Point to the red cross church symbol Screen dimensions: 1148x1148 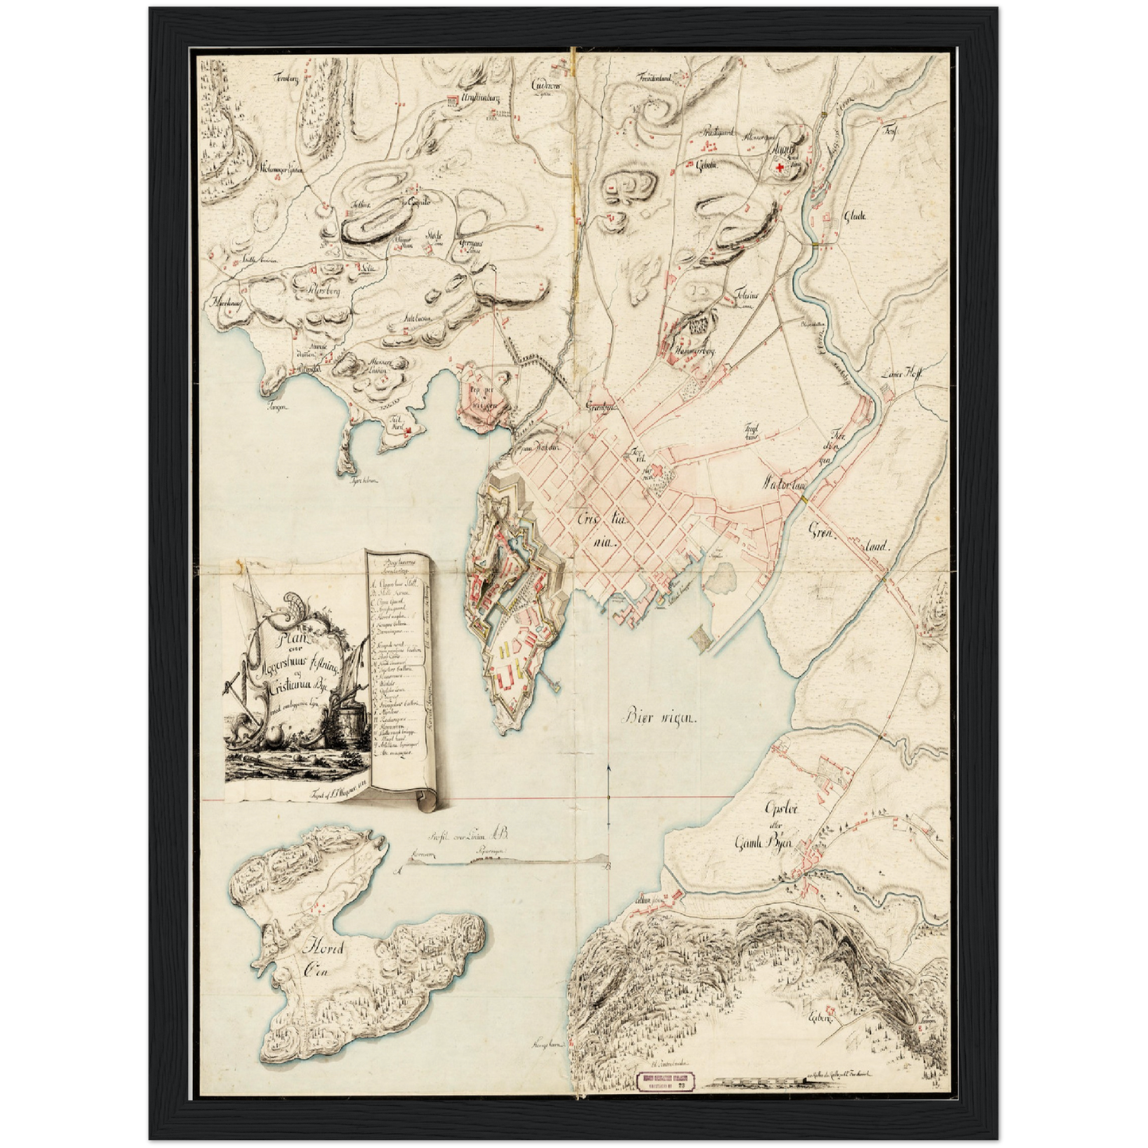(x=779, y=167)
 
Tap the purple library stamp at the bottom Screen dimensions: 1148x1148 (x=668, y=1080)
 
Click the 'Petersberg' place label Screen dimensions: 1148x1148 (x=319, y=290)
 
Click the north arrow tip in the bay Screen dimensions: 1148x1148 (x=608, y=767)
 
